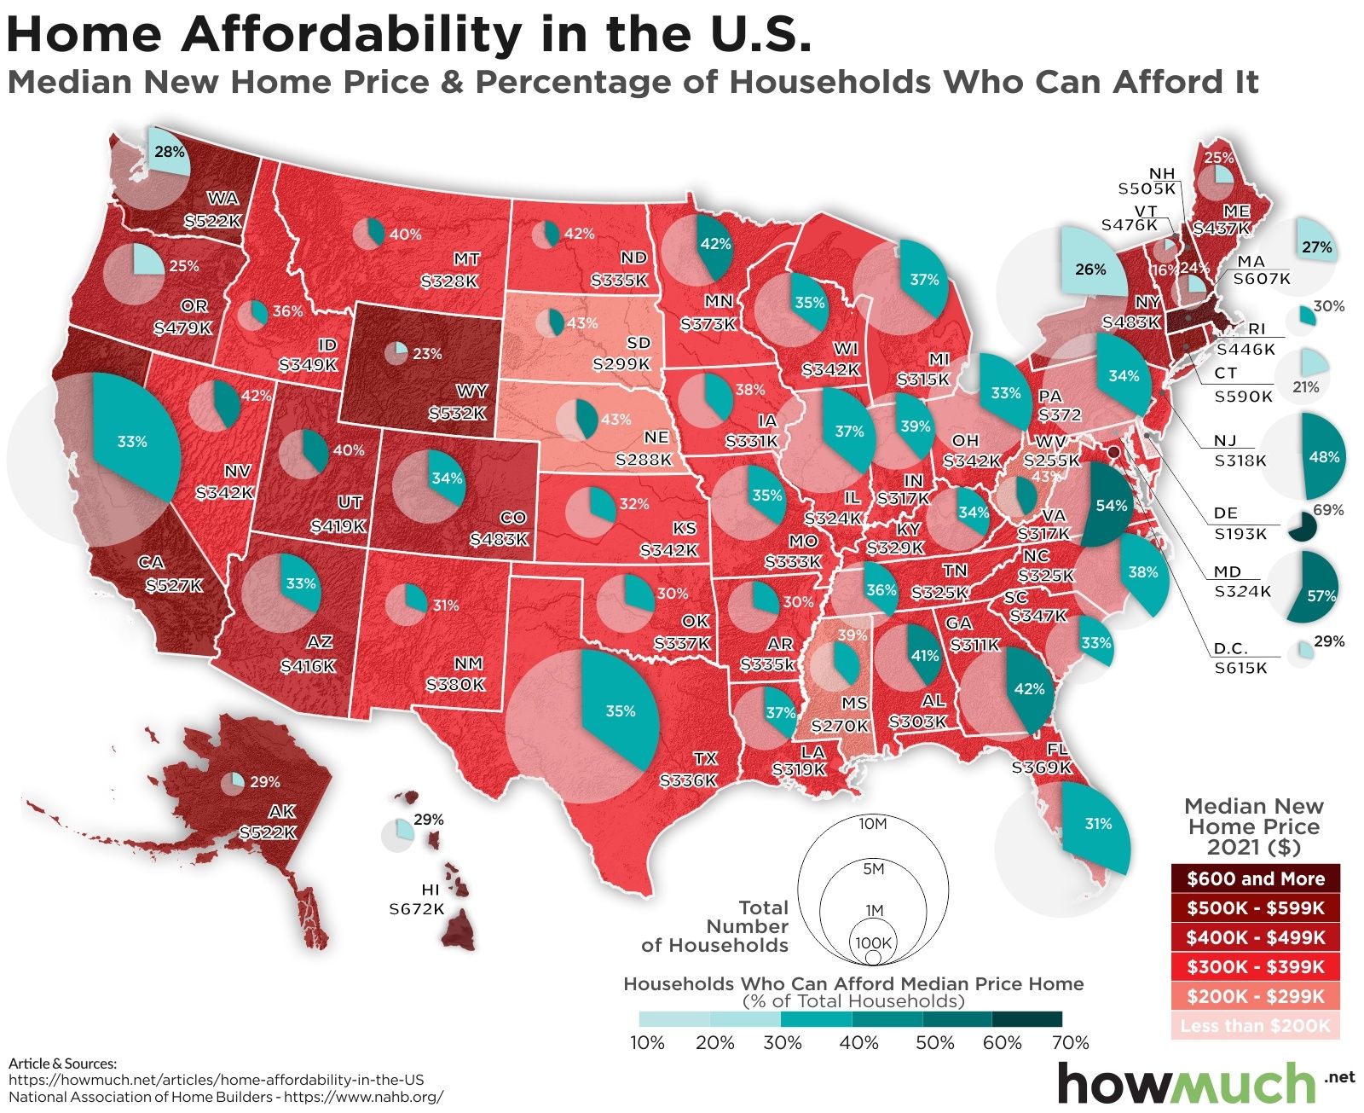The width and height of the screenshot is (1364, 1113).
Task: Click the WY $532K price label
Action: click(458, 403)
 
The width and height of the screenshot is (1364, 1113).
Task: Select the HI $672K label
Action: click(417, 898)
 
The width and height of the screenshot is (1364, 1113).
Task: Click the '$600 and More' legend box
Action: click(1255, 879)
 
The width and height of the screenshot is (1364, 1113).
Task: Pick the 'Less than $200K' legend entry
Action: click(1255, 1025)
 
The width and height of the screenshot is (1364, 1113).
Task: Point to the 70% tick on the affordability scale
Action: click(1071, 1042)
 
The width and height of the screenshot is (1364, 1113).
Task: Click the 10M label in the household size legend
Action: click(874, 824)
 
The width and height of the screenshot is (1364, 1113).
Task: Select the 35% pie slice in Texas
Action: click(621, 710)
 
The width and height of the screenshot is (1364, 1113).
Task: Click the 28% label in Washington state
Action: click(163, 152)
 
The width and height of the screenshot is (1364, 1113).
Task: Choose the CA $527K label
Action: click(173, 574)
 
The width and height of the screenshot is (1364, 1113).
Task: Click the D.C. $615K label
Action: click(1240, 658)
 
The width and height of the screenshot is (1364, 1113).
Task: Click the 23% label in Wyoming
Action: click(427, 352)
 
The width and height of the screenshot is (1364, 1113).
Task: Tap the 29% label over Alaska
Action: click(265, 781)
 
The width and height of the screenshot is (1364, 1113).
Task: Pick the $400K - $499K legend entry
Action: click(1255, 937)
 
